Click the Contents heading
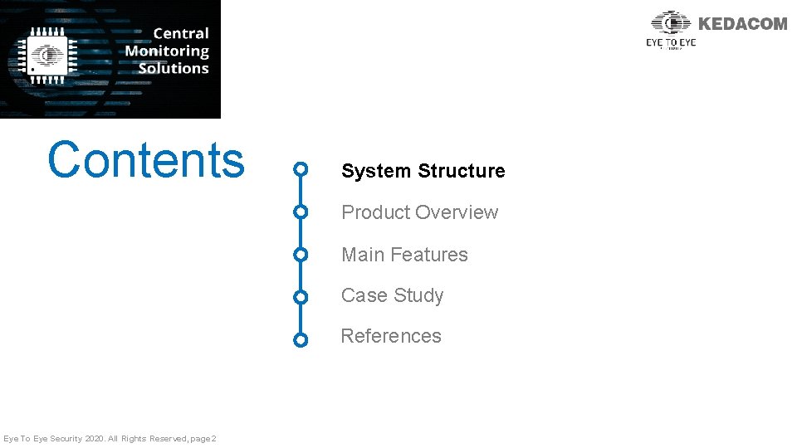pyautogui.click(x=146, y=160)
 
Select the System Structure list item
pyautogui.click(x=423, y=171)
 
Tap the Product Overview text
pyautogui.click(x=419, y=212)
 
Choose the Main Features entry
pyautogui.click(x=404, y=255)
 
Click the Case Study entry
pyautogui.click(x=392, y=295)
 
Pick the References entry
pyautogui.click(x=391, y=336)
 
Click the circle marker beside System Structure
pyautogui.click(x=301, y=171)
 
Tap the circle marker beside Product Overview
pyautogui.click(x=301, y=212)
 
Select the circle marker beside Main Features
pyautogui.click(x=301, y=255)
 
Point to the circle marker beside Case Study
pyautogui.click(x=301, y=296)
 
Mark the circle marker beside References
pyautogui.click(x=301, y=339)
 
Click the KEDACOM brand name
pyautogui.click(x=742, y=24)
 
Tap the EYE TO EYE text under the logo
pyautogui.click(x=671, y=42)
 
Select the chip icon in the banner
pyautogui.click(x=48, y=56)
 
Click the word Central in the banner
pyautogui.click(x=181, y=33)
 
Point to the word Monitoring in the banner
pyautogui.click(x=167, y=51)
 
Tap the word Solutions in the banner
pyautogui.click(x=173, y=68)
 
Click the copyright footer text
pyautogui.click(x=110, y=438)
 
